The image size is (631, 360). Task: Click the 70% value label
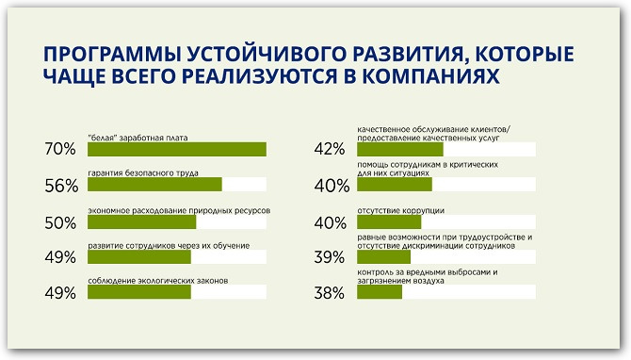(x=60, y=150)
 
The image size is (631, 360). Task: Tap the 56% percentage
(x=60, y=186)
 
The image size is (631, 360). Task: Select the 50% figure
(x=60, y=223)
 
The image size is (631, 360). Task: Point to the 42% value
(x=331, y=150)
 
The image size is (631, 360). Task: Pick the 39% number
(x=331, y=257)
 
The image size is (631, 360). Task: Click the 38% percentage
(x=331, y=293)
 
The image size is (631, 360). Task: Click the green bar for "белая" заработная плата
(x=176, y=149)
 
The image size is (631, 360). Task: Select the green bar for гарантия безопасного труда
(x=154, y=185)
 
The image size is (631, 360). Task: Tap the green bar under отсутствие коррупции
(x=389, y=221)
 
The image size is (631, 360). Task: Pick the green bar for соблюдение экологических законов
(x=139, y=292)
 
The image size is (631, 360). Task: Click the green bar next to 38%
(x=379, y=292)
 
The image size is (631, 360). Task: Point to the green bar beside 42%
(x=399, y=149)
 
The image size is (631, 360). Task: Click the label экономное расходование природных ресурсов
(x=179, y=210)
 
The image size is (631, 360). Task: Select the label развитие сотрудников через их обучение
(x=169, y=246)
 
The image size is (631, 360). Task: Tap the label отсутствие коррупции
(x=400, y=210)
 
